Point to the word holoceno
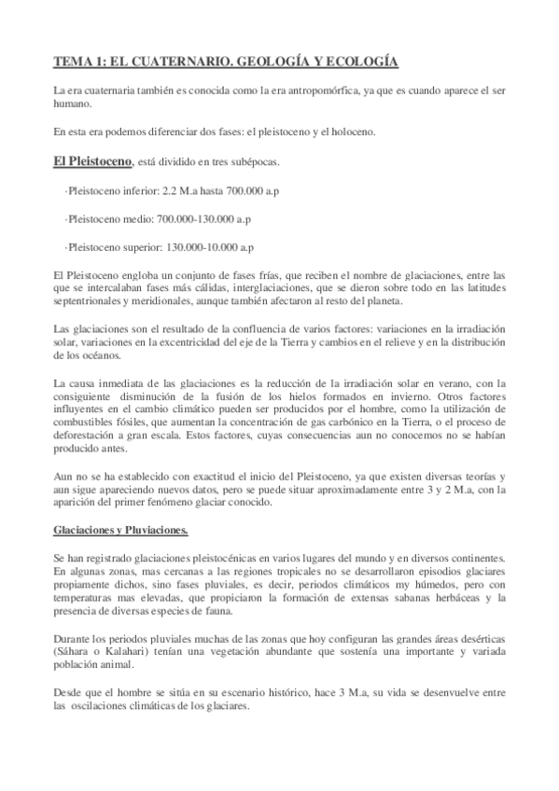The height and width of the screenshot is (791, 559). click(x=349, y=132)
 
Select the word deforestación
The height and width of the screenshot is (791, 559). click(x=89, y=437)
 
